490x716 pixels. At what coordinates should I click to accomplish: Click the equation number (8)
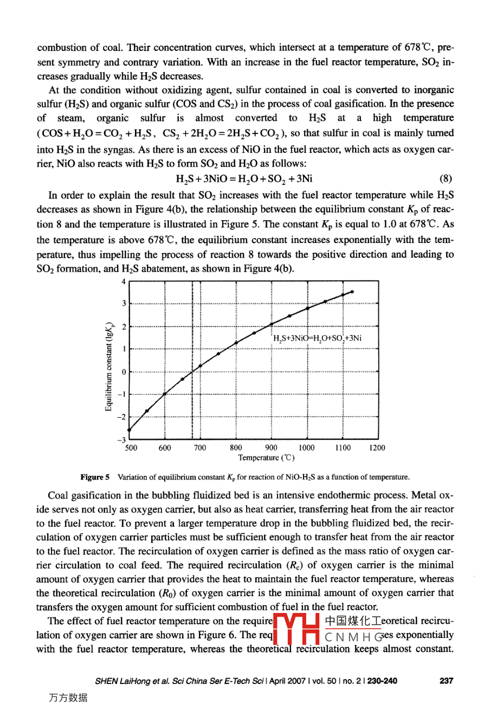tap(446, 179)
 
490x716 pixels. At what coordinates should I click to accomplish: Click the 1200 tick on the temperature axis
tap(377, 448)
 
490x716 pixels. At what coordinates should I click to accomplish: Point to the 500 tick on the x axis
tap(131, 448)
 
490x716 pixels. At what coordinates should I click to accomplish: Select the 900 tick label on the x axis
tap(271, 448)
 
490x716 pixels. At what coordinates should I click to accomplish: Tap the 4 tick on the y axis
tap(124, 282)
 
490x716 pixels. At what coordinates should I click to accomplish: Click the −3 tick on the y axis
tap(122, 439)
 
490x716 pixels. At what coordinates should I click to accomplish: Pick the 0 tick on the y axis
tap(124, 372)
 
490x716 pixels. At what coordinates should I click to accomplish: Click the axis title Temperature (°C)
tap(267, 458)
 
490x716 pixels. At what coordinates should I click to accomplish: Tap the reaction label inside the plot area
tap(317, 339)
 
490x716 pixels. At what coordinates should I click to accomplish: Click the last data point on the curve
tap(352, 292)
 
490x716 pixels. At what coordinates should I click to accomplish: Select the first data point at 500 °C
tap(129, 430)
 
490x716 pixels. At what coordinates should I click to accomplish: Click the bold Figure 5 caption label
tap(95, 477)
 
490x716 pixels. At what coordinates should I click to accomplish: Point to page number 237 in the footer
tap(446, 681)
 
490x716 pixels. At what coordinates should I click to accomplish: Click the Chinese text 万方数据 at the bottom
tap(68, 698)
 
